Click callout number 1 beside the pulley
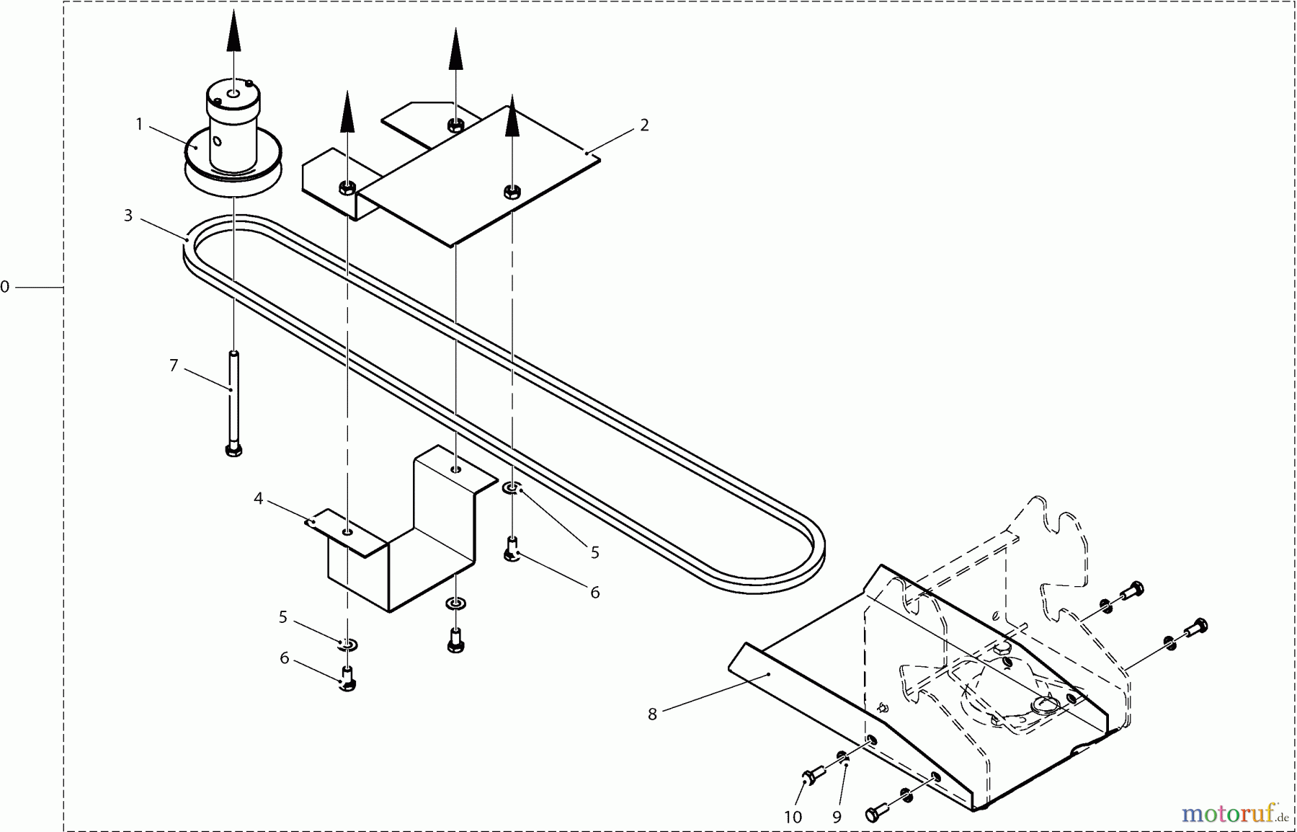(x=139, y=125)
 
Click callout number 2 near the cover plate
(x=644, y=125)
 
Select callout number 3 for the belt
(x=128, y=216)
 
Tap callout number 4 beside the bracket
(x=258, y=498)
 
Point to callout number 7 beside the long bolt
(x=174, y=366)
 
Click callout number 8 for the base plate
(x=652, y=714)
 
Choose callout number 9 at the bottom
(x=837, y=817)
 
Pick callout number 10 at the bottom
(x=793, y=817)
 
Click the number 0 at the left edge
(x=5, y=287)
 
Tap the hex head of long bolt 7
(x=233, y=450)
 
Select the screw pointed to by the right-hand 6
(x=512, y=551)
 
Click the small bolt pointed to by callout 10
(x=808, y=776)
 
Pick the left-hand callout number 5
(x=282, y=617)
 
